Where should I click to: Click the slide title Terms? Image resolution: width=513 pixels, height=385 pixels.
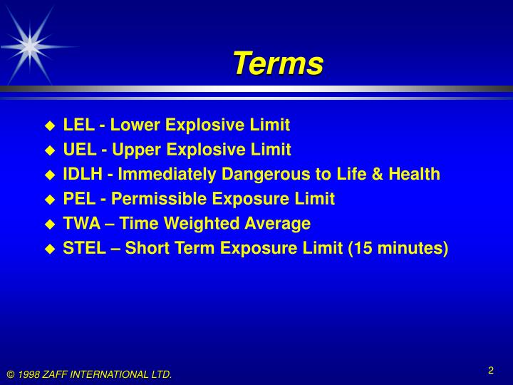(277, 63)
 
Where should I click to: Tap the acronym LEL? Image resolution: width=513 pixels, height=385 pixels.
(79, 125)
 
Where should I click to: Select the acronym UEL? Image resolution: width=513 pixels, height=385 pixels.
(79, 150)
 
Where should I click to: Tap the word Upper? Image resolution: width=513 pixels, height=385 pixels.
(136, 150)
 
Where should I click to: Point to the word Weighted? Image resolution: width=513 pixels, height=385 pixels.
(194, 224)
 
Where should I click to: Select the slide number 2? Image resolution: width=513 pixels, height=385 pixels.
(491, 370)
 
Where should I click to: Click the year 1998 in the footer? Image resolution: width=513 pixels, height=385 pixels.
(29, 374)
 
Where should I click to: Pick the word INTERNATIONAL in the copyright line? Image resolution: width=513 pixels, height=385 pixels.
(111, 374)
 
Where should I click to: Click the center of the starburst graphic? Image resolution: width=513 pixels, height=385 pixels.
(28, 44)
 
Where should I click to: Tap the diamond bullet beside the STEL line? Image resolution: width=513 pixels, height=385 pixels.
(50, 249)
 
